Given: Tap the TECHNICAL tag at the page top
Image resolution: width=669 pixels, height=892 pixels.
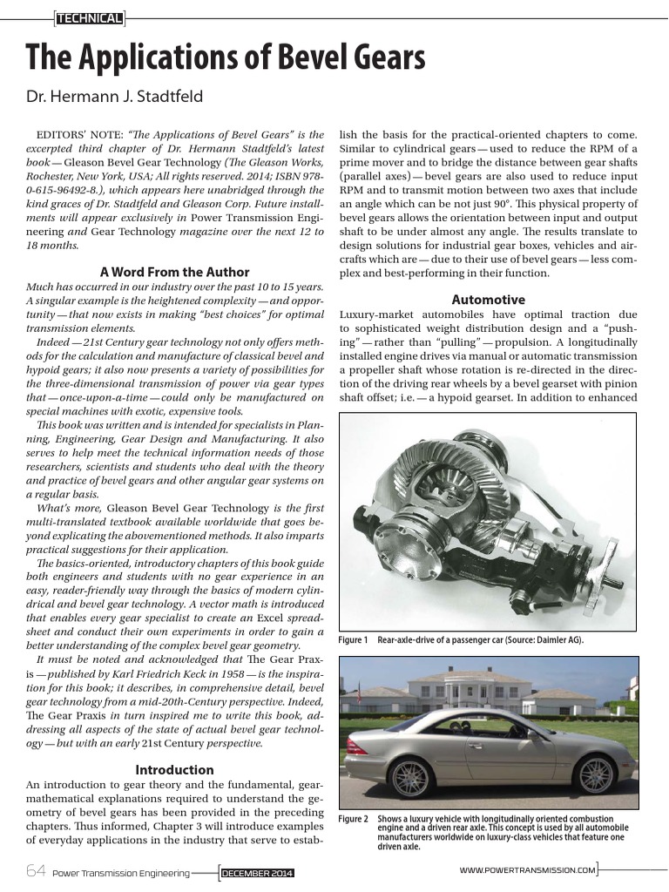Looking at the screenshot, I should pyautogui.click(x=89, y=17).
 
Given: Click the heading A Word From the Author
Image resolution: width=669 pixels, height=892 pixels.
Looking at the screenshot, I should pyautogui.click(x=174, y=272).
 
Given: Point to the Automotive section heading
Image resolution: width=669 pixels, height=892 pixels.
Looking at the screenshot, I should pyautogui.click(x=488, y=300).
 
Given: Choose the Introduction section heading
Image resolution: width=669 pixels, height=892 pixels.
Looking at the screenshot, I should pyautogui.click(x=174, y=770).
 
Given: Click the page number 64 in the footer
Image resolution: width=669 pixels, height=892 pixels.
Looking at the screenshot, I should pyautogui.click(x=36, y=870).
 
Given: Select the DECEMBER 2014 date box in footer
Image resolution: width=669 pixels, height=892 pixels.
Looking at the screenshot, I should pyautogui.click(x=258, y=872).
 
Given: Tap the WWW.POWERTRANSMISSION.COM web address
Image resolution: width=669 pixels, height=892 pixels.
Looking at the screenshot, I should pyautogui.click(x=527, y=869).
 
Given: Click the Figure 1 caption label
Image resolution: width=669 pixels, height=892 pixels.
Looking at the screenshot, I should pyautogui.click(x=353, y=640).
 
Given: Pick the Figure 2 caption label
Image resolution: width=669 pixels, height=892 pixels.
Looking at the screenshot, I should pyautogui.click(x=353, y=819).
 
